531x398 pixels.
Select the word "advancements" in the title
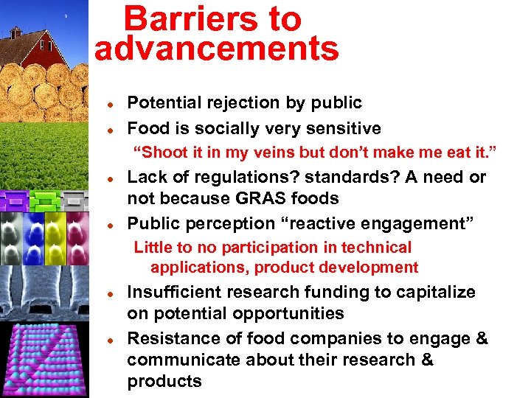(x=217, y=49)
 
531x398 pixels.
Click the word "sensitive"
(x=339, y=128)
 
